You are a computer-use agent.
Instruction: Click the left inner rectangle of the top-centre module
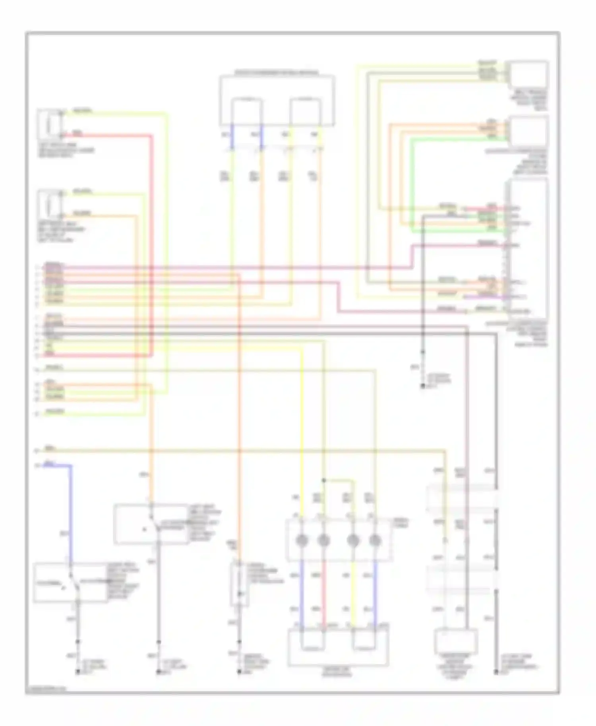pyautogui.click(x=247, y=112)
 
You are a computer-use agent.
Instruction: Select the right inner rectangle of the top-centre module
pyautogui.click(x=305, y=112)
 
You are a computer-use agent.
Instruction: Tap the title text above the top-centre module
pyautogui.click(x=277, y=73)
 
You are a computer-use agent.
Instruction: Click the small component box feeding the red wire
pyautogui.click(x=50, y=123)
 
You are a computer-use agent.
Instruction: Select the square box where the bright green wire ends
pyautogui.click(x=529, y=131)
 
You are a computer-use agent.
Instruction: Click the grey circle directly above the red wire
pyautogui.click(x=324, y=540)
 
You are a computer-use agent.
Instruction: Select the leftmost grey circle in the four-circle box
pyautogui.click(x=302, y=540)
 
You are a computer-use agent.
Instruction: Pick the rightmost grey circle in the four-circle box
pyautogui.click(x=375, y=540)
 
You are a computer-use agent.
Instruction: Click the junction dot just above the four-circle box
pyautogui.click(x=324, y=481)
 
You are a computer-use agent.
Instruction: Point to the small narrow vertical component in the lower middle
pyautogui.click(x=239, y=584)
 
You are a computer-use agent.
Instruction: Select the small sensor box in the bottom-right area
pyautogui.click(x=456, y=641)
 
